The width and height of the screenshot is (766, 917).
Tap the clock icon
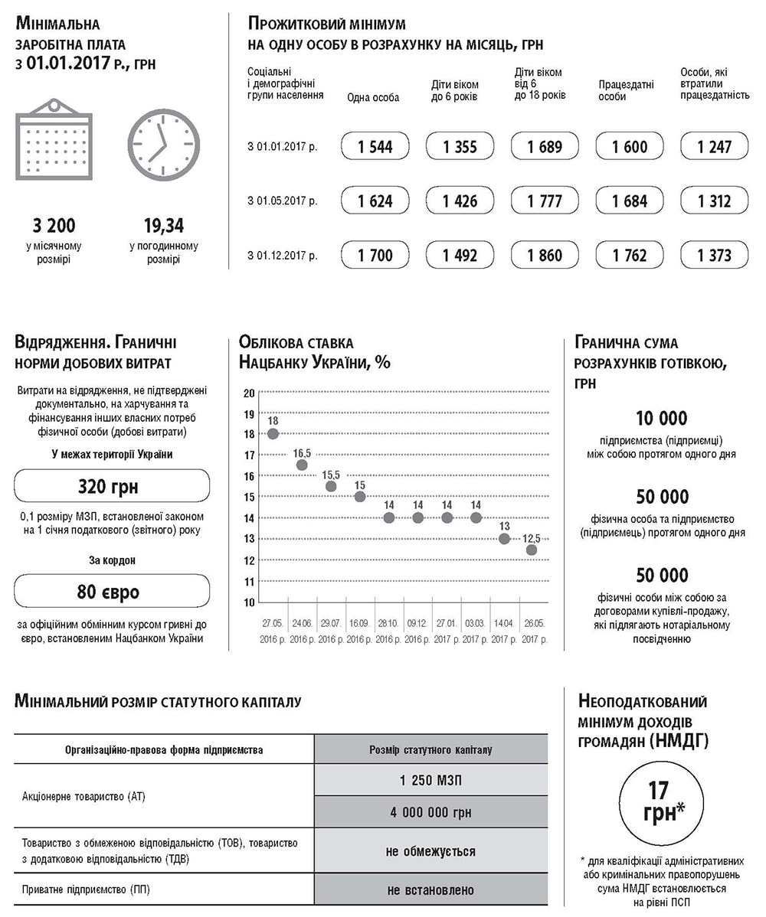pos(163,145)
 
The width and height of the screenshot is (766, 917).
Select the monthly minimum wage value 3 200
pos(54,226)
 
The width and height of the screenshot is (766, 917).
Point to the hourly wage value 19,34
pos(163,226)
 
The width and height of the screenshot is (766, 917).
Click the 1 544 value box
pos(375,146)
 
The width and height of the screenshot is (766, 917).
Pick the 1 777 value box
pos(545,201)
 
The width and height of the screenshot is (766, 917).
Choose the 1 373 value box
pos(714,255)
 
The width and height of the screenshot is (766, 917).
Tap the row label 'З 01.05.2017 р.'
pos(282,201)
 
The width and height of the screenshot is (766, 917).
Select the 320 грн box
pos(112,486)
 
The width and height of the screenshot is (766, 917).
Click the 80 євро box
pos(112,591)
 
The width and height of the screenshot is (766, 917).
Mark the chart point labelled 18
pos(273,434)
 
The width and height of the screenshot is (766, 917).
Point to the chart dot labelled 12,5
pos(532,550)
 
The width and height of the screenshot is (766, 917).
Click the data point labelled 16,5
pos(302,465)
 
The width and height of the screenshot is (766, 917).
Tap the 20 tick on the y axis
pos(248,393)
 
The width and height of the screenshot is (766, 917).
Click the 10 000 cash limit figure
pos(661,419)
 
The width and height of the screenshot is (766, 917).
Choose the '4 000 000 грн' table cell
pos(430,812)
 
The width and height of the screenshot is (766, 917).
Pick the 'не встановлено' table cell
pos(430,889)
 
